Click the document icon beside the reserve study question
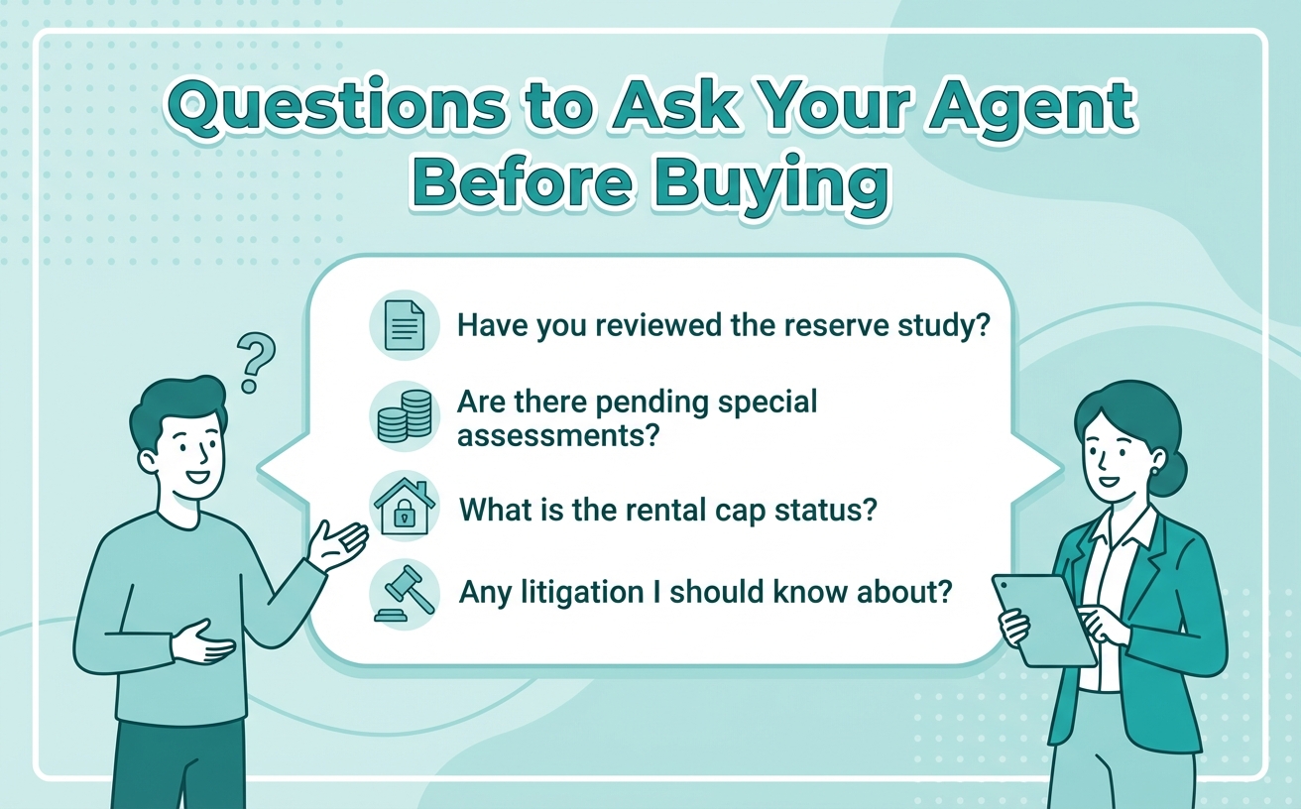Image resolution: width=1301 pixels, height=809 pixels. click(x=404, y=325)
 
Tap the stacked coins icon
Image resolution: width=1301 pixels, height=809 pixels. click(x=404, y=416)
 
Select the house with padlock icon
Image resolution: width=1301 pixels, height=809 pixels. click(x=404, y=507)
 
